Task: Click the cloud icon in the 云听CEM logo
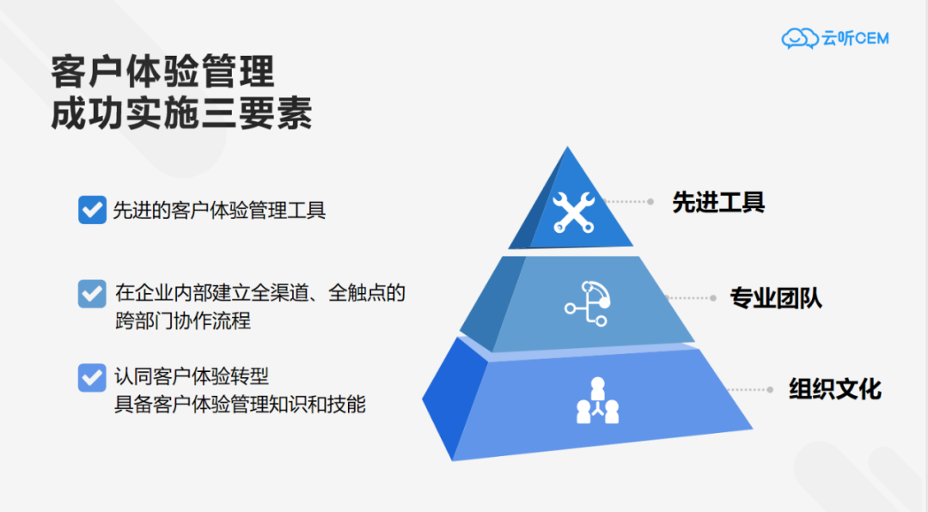(x=800, y=39)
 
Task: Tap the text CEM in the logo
(x=872, y=39)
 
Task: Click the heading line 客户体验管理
(x=162, y=72)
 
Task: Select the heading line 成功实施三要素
(x=181, y=113)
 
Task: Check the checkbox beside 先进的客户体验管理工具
(x=92, y=210)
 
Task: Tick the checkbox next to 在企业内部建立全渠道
(x=92, y=294)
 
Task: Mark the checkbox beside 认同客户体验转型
(x=92, y=378)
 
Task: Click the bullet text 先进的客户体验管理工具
(x=219, y=210)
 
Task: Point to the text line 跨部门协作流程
(x=183, y=320)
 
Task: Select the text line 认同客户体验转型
(x=192, y=376)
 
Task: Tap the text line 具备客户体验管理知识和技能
(x=240, y=405)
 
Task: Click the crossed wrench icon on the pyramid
(x=573, y=212)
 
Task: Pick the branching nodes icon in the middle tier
(x=588, y=303)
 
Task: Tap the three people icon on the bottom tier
(x=598, y=400)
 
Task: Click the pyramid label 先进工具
(x=718, y=203)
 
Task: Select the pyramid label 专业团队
(x=776, y=298)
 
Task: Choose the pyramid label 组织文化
(x=835, y=389)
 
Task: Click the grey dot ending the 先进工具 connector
(x=650, y=202)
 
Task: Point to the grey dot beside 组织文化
(x=770, y=389)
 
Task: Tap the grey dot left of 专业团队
(x=713, y=298)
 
